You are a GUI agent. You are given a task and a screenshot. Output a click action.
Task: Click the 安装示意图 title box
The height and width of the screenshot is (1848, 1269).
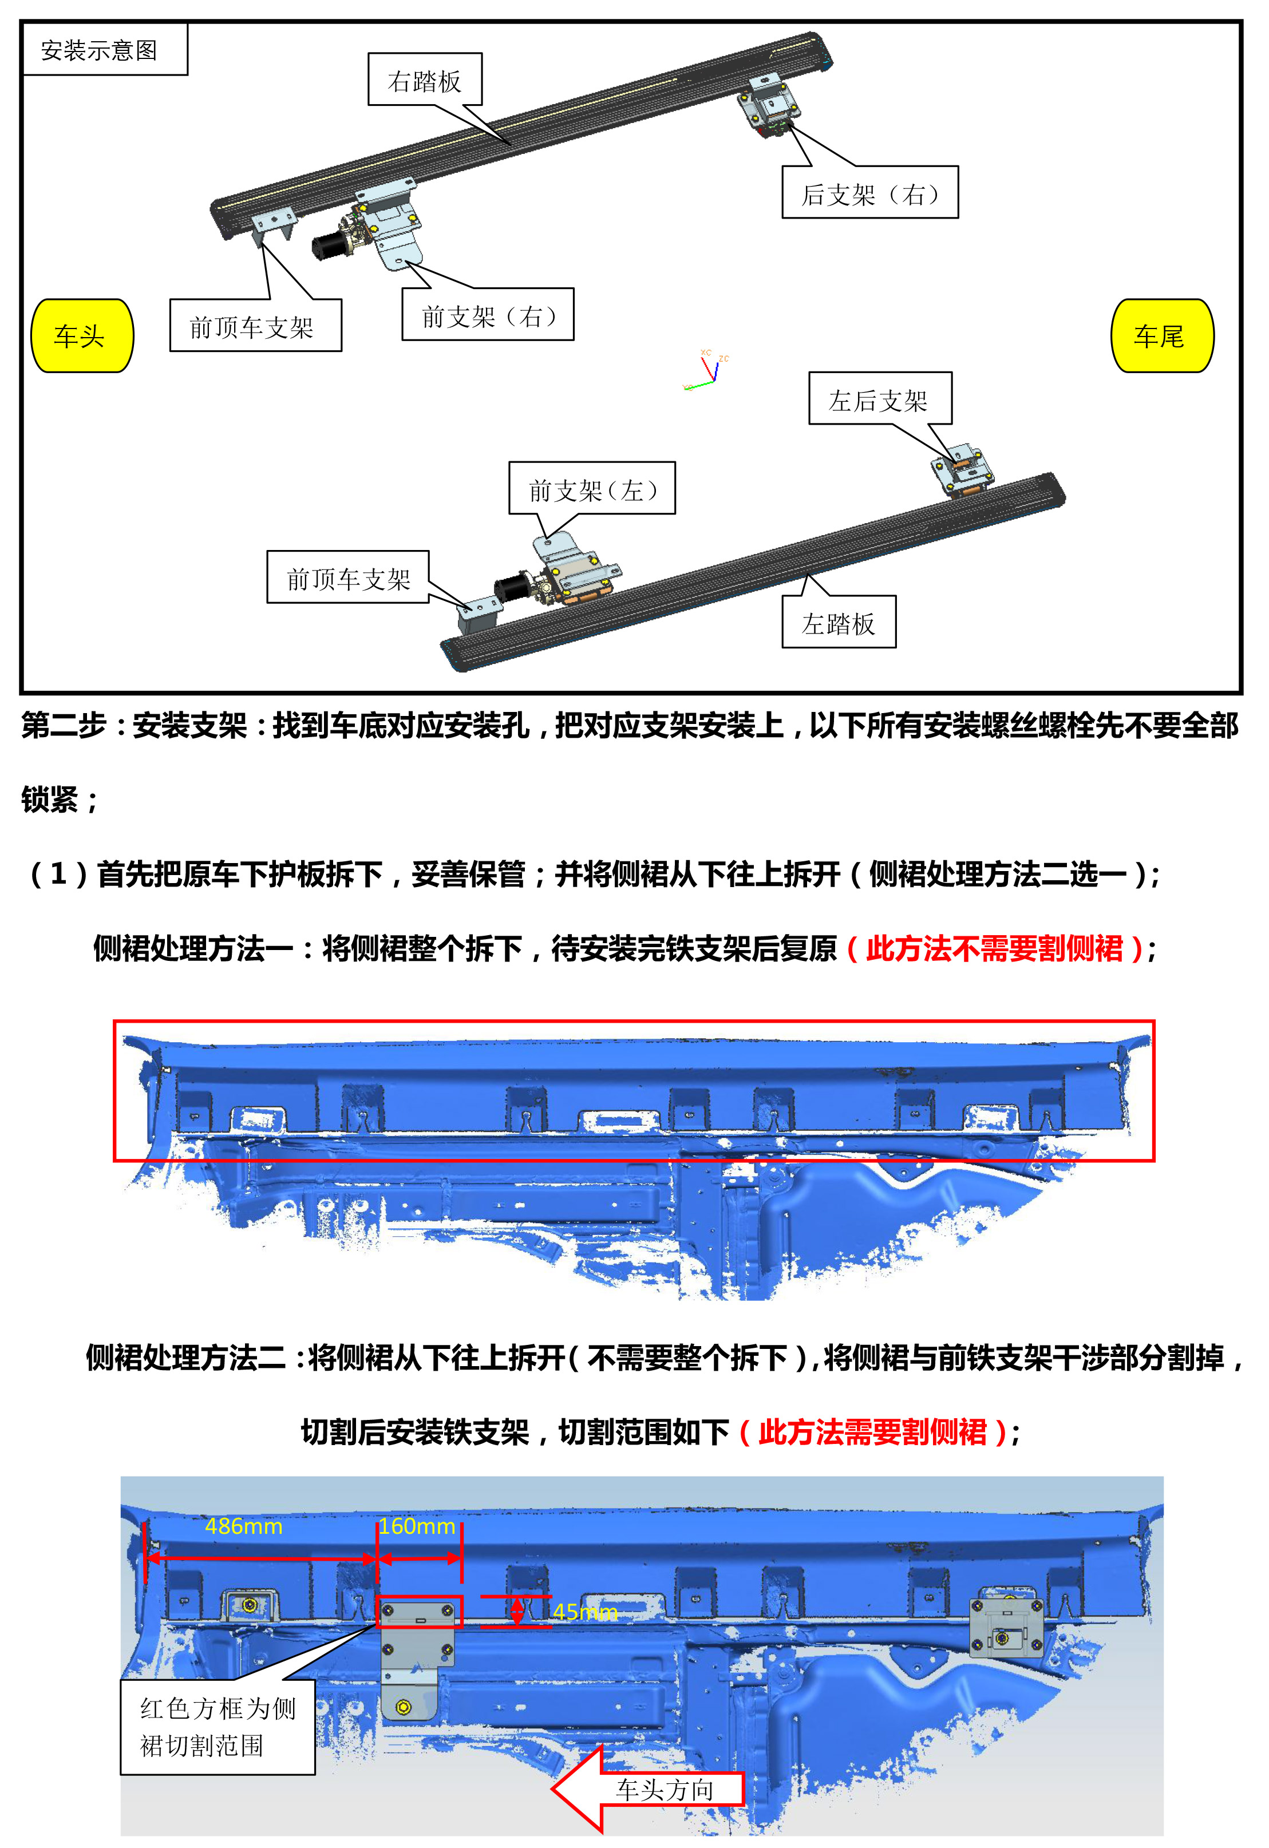coord(105,49)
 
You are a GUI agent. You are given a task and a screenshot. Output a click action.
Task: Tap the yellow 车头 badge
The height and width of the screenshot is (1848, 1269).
coord(82,335)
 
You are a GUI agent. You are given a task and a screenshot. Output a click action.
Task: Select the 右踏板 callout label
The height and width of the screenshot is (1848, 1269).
coord(425,80)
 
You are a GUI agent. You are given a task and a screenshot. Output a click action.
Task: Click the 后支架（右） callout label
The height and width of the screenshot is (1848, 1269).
coord(870,192)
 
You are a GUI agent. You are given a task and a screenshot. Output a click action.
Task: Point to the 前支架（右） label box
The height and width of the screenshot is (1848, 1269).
coord(488,315)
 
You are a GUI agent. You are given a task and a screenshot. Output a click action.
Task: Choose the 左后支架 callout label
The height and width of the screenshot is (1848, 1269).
coord(880,399)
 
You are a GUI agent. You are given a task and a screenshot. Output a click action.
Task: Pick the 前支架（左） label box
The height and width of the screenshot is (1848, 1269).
coord(592,488)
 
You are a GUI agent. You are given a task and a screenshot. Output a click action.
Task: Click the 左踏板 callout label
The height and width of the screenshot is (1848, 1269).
coord(839,622)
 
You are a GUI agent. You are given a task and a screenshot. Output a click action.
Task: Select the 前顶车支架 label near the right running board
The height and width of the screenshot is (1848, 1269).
coord(255,325)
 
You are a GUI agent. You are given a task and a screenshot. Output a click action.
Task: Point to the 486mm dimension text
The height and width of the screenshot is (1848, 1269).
coord(244,1526)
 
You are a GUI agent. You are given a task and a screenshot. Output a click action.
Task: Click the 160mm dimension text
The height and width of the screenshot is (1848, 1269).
coord(417,1526)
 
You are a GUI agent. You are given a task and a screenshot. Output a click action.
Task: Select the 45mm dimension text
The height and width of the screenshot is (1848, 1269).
coord(585,1612)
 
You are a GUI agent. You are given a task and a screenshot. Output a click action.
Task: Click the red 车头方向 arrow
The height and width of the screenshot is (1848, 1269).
coord(648,1789)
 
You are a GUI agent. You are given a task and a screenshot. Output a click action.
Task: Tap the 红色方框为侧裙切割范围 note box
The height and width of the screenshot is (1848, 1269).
coord(218,1726)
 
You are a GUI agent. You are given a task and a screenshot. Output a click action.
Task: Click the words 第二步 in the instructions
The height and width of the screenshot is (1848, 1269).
coord(64,725)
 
